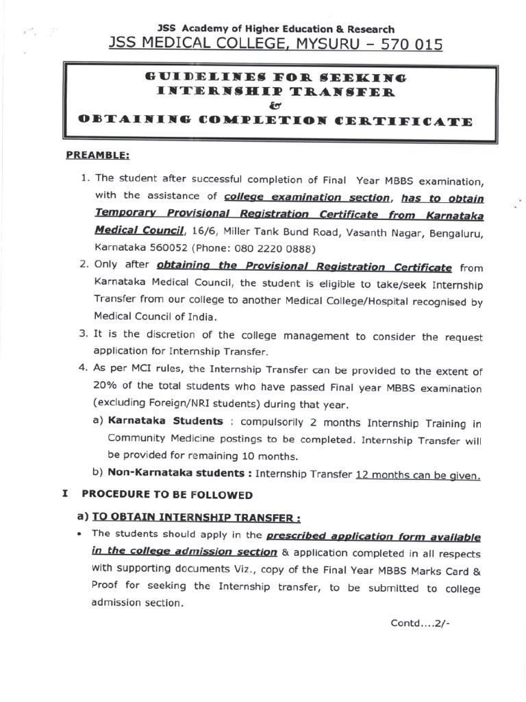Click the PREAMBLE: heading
click(97, 156)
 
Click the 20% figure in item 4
click(106, 388)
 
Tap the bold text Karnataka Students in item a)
click(165, 422)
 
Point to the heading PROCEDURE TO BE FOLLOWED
click(167, 494)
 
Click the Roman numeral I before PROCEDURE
click(64, 494)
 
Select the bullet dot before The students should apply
click(81, 534)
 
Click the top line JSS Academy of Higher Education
click(275, 29)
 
